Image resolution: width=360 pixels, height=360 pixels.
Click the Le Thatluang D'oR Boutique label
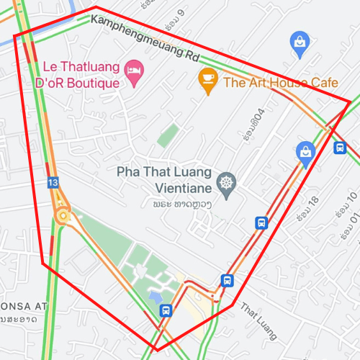click(76, 76)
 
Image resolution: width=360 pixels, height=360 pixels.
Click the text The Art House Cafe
click(281, 83)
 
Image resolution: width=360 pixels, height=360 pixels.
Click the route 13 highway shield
click(53, 183)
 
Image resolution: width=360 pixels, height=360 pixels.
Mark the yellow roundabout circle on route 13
click(64, 215)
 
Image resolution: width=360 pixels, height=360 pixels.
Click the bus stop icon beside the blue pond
click(166, 310)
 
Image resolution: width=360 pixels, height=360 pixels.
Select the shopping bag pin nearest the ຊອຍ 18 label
click(306, 153)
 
